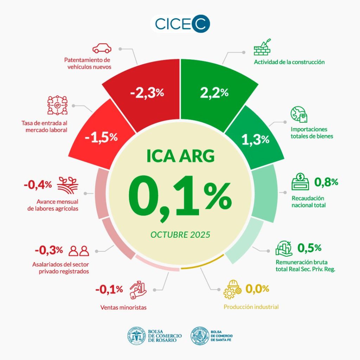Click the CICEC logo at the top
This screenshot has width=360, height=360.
pyautogui.click(x=180, y=24)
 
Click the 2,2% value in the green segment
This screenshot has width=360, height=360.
pyautogui.click(x=214, y=93)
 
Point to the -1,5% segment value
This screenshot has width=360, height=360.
pyautogui.click(x=101, y=137)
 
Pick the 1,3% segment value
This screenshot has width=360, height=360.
pyautogui.click(x=255, y=140)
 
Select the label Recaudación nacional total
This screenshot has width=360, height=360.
pyautogui.click(x=308, y=201)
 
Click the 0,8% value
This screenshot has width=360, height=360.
pyautogui.click(x=326, y=182)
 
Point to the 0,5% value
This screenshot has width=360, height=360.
pyautogui.click(x=309, y=247)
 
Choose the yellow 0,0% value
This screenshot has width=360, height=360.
pyautogui.click(x=257, y=289)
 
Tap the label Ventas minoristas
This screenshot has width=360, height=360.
pyautogui.click(x=123, y=308)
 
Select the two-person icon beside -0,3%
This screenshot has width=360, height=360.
pyautogui.click(x=79, y=251)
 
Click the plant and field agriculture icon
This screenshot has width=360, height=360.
pyautogui.click(x=67, y=185)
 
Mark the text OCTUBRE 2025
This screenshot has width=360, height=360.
pyautogui.click(x=180, y=234)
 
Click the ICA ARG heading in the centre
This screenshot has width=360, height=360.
pyautogui.click(x=180, y=156)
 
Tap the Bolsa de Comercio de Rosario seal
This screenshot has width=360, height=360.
pyautogui.click(x=136, y=336)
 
